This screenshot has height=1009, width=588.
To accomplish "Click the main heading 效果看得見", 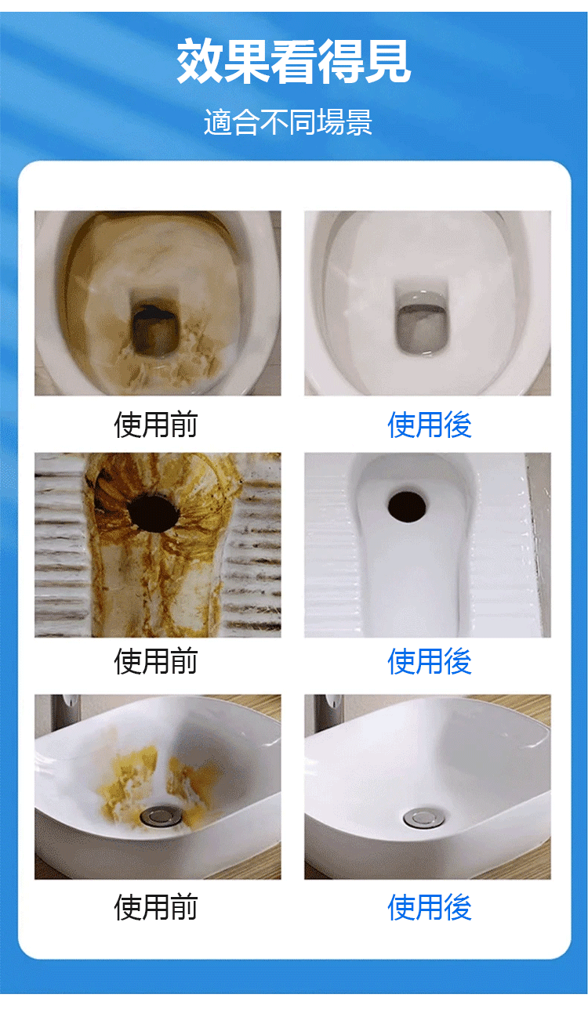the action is [293, 61].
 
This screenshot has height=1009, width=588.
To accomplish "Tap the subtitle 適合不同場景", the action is [289, 121].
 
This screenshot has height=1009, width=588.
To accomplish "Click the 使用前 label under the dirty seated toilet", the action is [155, 425].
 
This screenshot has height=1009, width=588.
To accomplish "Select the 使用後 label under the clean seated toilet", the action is [430, 425].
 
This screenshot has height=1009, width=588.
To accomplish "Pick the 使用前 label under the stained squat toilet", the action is [155, 661].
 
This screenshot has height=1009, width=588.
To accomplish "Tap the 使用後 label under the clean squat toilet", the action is [430, 661].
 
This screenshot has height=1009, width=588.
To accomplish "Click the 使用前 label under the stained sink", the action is [155, 907].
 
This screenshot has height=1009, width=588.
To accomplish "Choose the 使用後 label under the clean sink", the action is [430, 907].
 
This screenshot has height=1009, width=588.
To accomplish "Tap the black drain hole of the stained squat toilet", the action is [154, 513].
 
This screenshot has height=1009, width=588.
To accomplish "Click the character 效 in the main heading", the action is [200, 61].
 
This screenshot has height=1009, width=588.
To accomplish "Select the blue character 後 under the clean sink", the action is [458, 907].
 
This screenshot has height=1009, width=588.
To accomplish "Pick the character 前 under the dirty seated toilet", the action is [184, 425].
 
